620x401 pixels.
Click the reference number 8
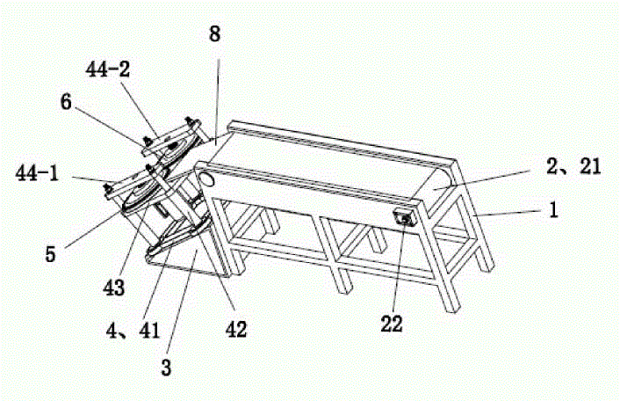pos(214,34)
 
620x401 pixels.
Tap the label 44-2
pos(107,70)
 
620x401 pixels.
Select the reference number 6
pos(66,102)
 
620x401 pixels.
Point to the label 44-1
pos(37,173)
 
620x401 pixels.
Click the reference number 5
pos(50,254)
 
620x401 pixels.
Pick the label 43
pos(113,288)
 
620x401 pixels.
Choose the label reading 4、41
pos(133,331)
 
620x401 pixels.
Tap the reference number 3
pos(166,368)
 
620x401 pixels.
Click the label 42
pos(236,330)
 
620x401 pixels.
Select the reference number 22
pos(392,324)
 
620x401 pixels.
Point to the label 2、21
pos(573,166)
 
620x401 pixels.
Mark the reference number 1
pos(554,209)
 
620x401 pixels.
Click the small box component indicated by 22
pos(403,218)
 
